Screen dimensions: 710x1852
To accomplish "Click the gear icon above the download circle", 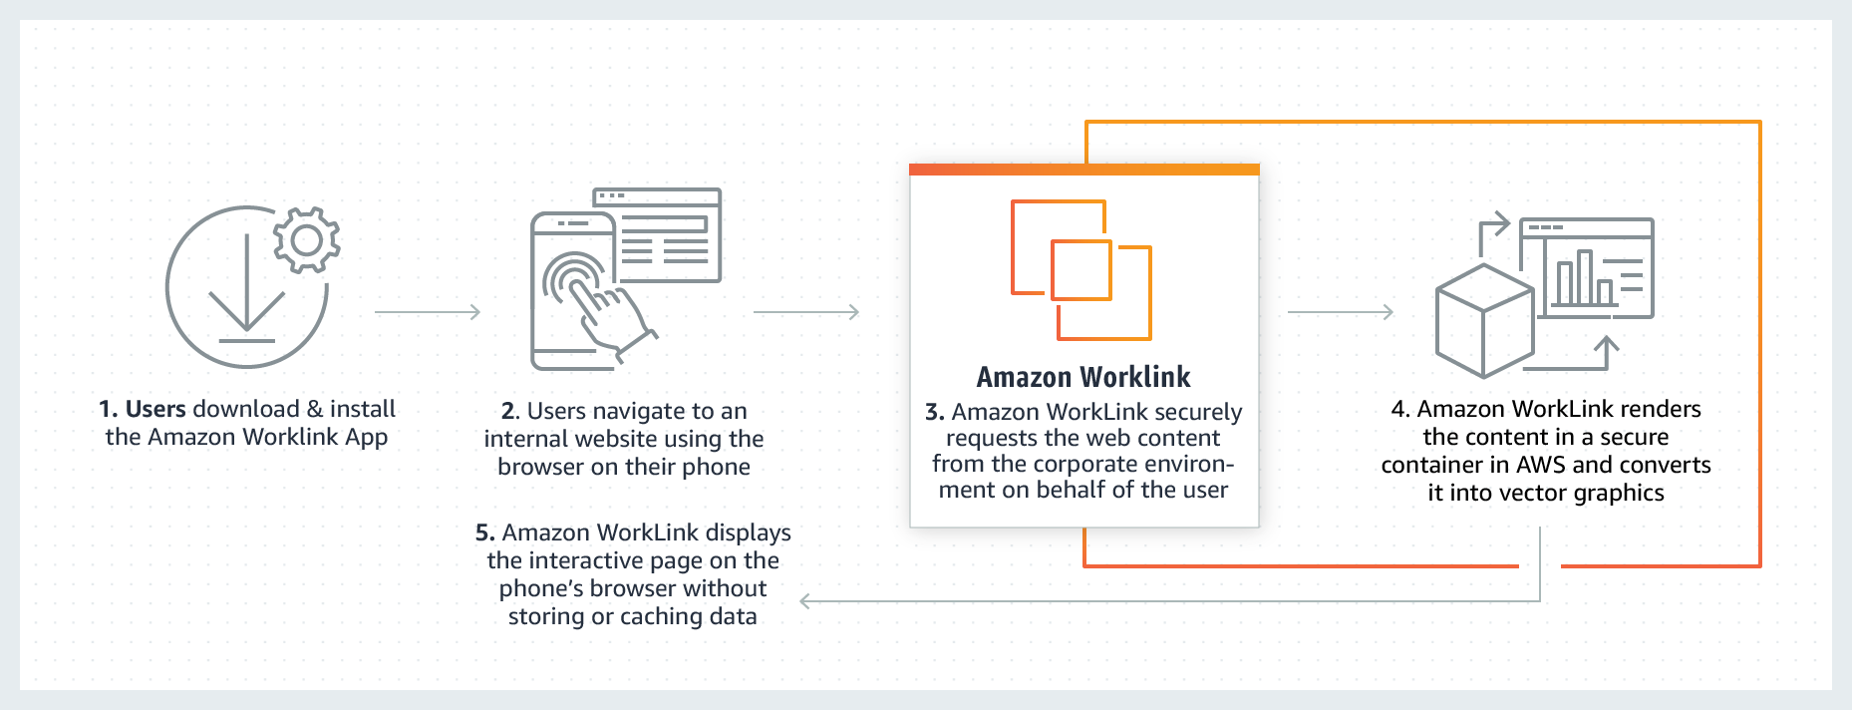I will tap(307, 239).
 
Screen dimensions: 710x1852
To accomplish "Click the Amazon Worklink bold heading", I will tap(1083, 377).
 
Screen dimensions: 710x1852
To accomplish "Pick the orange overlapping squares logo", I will tap(1081, 269).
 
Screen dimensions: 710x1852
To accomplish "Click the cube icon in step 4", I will tap(1483, 321).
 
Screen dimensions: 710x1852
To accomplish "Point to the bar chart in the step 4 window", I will tap(1583, 280).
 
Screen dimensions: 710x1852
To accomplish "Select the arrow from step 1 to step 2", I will tap(428, 312).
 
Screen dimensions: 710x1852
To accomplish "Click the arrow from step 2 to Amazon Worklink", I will tap(806, 312).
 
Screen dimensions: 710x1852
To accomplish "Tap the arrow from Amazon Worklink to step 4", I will tap(1341, 312).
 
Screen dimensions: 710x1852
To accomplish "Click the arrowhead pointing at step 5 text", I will tap(806, 601).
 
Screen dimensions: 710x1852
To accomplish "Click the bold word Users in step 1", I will tap(155, 409).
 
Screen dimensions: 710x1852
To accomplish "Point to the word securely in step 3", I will tap(1199, 412).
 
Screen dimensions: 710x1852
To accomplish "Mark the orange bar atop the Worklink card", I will tap(1083, 170).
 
